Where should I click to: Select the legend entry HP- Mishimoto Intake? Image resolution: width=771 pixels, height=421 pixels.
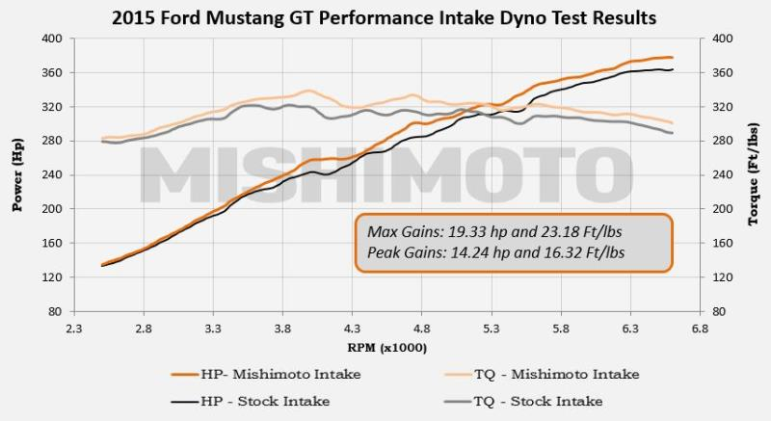coord(266,375)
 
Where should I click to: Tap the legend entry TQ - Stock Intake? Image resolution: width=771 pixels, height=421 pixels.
coord(523,402)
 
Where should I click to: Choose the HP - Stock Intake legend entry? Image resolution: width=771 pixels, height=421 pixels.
coord(251,402)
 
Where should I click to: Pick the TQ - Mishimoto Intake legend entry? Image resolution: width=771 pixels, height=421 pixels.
coord(542,375)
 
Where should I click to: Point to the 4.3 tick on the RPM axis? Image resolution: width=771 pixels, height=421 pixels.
coord(352,329)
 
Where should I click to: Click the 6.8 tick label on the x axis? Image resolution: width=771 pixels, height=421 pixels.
coord(700,329)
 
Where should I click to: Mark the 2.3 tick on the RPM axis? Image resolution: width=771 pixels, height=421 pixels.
coord(74,329)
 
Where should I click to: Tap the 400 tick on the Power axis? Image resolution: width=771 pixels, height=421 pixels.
coord(52,39)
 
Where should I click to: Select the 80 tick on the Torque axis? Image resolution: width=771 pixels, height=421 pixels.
coord(718,311)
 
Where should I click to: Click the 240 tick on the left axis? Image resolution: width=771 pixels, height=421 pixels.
coord(52,175)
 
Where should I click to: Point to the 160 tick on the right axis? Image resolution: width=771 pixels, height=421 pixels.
coord(722,243)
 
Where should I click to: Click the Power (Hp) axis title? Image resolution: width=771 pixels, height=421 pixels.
coord(17,175)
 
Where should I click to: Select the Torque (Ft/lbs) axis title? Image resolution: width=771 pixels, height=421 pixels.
coord(754,175)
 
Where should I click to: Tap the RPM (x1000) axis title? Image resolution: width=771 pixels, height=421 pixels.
coord(387,348)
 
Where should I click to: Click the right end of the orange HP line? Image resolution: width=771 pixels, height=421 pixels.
coord(672,58)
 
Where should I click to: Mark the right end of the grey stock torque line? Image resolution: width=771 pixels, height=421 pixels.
coord(672,133)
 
